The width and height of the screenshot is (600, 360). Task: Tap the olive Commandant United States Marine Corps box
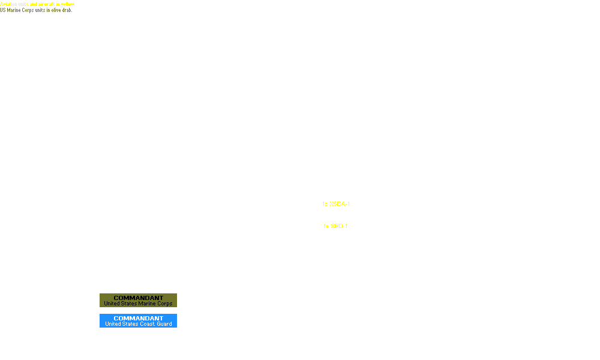(138, 301)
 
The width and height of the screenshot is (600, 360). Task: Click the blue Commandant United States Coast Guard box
(138, 321)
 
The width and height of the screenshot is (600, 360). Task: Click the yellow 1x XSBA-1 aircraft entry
(336, 204)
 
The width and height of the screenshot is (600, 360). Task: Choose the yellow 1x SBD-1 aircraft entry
(335, 226)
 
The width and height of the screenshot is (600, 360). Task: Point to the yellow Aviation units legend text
(37, 4)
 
